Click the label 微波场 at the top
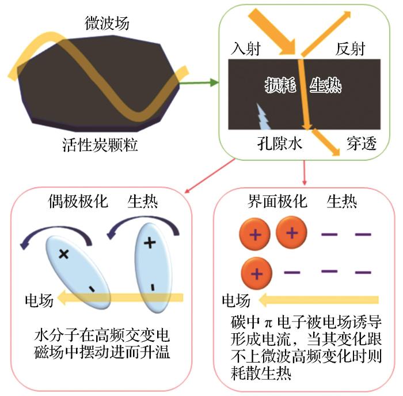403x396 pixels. [x=107, y=24]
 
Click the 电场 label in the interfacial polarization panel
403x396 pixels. [x=236, y=300]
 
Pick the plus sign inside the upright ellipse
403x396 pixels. [x=150, y=243]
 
